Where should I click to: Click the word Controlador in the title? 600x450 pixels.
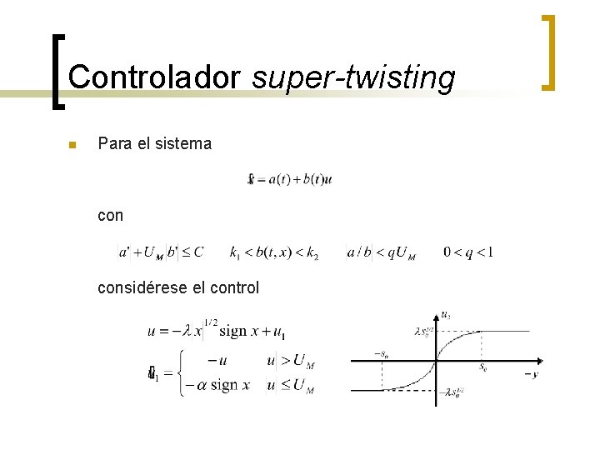click(x=154, y=77)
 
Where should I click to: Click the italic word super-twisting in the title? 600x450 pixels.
click(x=353, y=77)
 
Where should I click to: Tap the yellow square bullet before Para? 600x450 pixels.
click(x=72, y=145)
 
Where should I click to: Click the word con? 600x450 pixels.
click(x=110, y=216)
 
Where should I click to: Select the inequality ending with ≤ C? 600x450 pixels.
click(x=161, y=252)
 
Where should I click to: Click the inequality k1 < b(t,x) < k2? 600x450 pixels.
click(x=274, y=252)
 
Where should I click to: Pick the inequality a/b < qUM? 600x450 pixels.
click(x=381, y=252)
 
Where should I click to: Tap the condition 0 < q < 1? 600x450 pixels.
click(x=468, y=252)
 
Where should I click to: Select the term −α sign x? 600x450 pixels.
click(x=218, y=385)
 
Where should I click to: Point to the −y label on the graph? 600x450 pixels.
click(x=530, y=374)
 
